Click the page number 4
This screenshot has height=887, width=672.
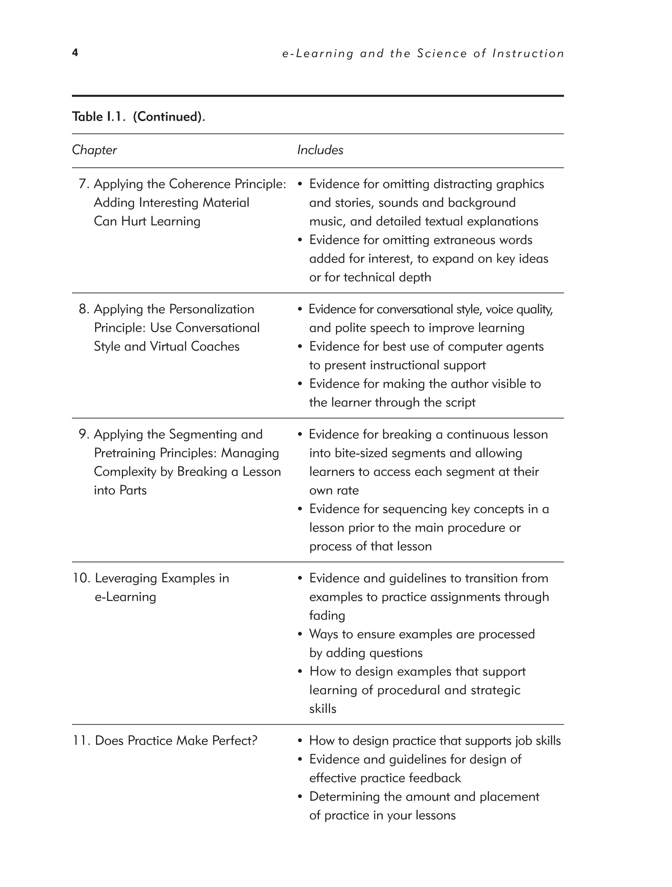pyautogui.click(x=75, y=52)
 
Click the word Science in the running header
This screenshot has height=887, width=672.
pyautogui.click(x=442, y=53)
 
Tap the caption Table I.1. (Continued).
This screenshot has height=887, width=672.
pyautogui.click(x=138, y=117)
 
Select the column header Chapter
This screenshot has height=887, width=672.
pyautogui.click(x=94, y=150)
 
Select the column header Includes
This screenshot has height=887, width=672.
pyautogui.click(x=320, y=150)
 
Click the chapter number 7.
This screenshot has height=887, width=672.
pyautogui.click(x=83, y=184)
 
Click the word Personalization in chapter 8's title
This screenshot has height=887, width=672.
pyautogui.click(x=212, y=309)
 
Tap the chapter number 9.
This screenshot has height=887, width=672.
pyautogui.click(x=83, y=434)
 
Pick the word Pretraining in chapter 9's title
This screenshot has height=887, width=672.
pyautogui.click(x=125, y=453)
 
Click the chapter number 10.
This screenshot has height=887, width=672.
pyautogui.click(x=81, y=578)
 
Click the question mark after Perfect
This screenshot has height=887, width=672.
pyautogui.click(x=254, y=740)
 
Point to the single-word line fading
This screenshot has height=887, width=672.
pyautogui.click(x=327, y=616)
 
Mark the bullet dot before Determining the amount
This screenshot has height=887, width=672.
pyautogui.click(x=300, y=797)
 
